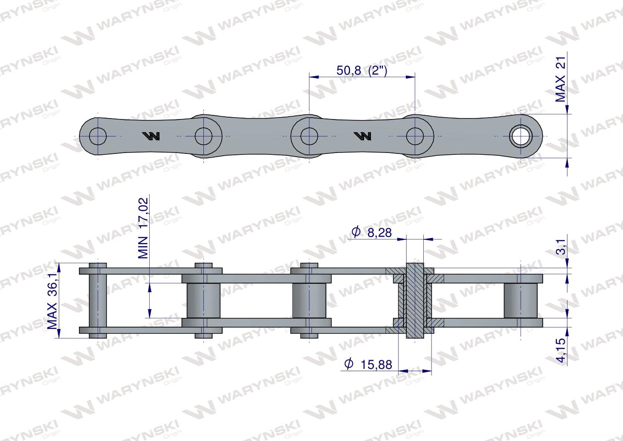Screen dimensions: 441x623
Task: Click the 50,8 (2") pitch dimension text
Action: coord(362,71)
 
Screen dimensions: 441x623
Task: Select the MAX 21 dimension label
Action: coord(561,76)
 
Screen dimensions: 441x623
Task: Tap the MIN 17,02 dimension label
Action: coord(144,228)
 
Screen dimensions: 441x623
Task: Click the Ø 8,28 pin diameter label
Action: coord(372,232)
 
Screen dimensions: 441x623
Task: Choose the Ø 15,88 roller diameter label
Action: coord(369,364)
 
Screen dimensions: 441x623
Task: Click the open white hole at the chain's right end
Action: coord(521,136)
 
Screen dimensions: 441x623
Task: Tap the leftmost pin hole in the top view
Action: coord(98,136)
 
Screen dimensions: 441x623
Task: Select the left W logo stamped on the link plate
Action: coord(151,136)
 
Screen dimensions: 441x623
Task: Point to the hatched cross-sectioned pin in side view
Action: coord(415,300)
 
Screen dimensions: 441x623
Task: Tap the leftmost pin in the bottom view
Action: coord(97,300)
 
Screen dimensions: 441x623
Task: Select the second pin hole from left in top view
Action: coord(203,136)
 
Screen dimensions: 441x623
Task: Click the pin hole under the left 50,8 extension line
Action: coord(309,136)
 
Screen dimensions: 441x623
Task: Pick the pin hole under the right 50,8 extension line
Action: coord(415,136)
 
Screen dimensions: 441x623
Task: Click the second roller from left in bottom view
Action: coord(203,301)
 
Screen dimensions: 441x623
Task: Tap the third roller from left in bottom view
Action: coord(309,301)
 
